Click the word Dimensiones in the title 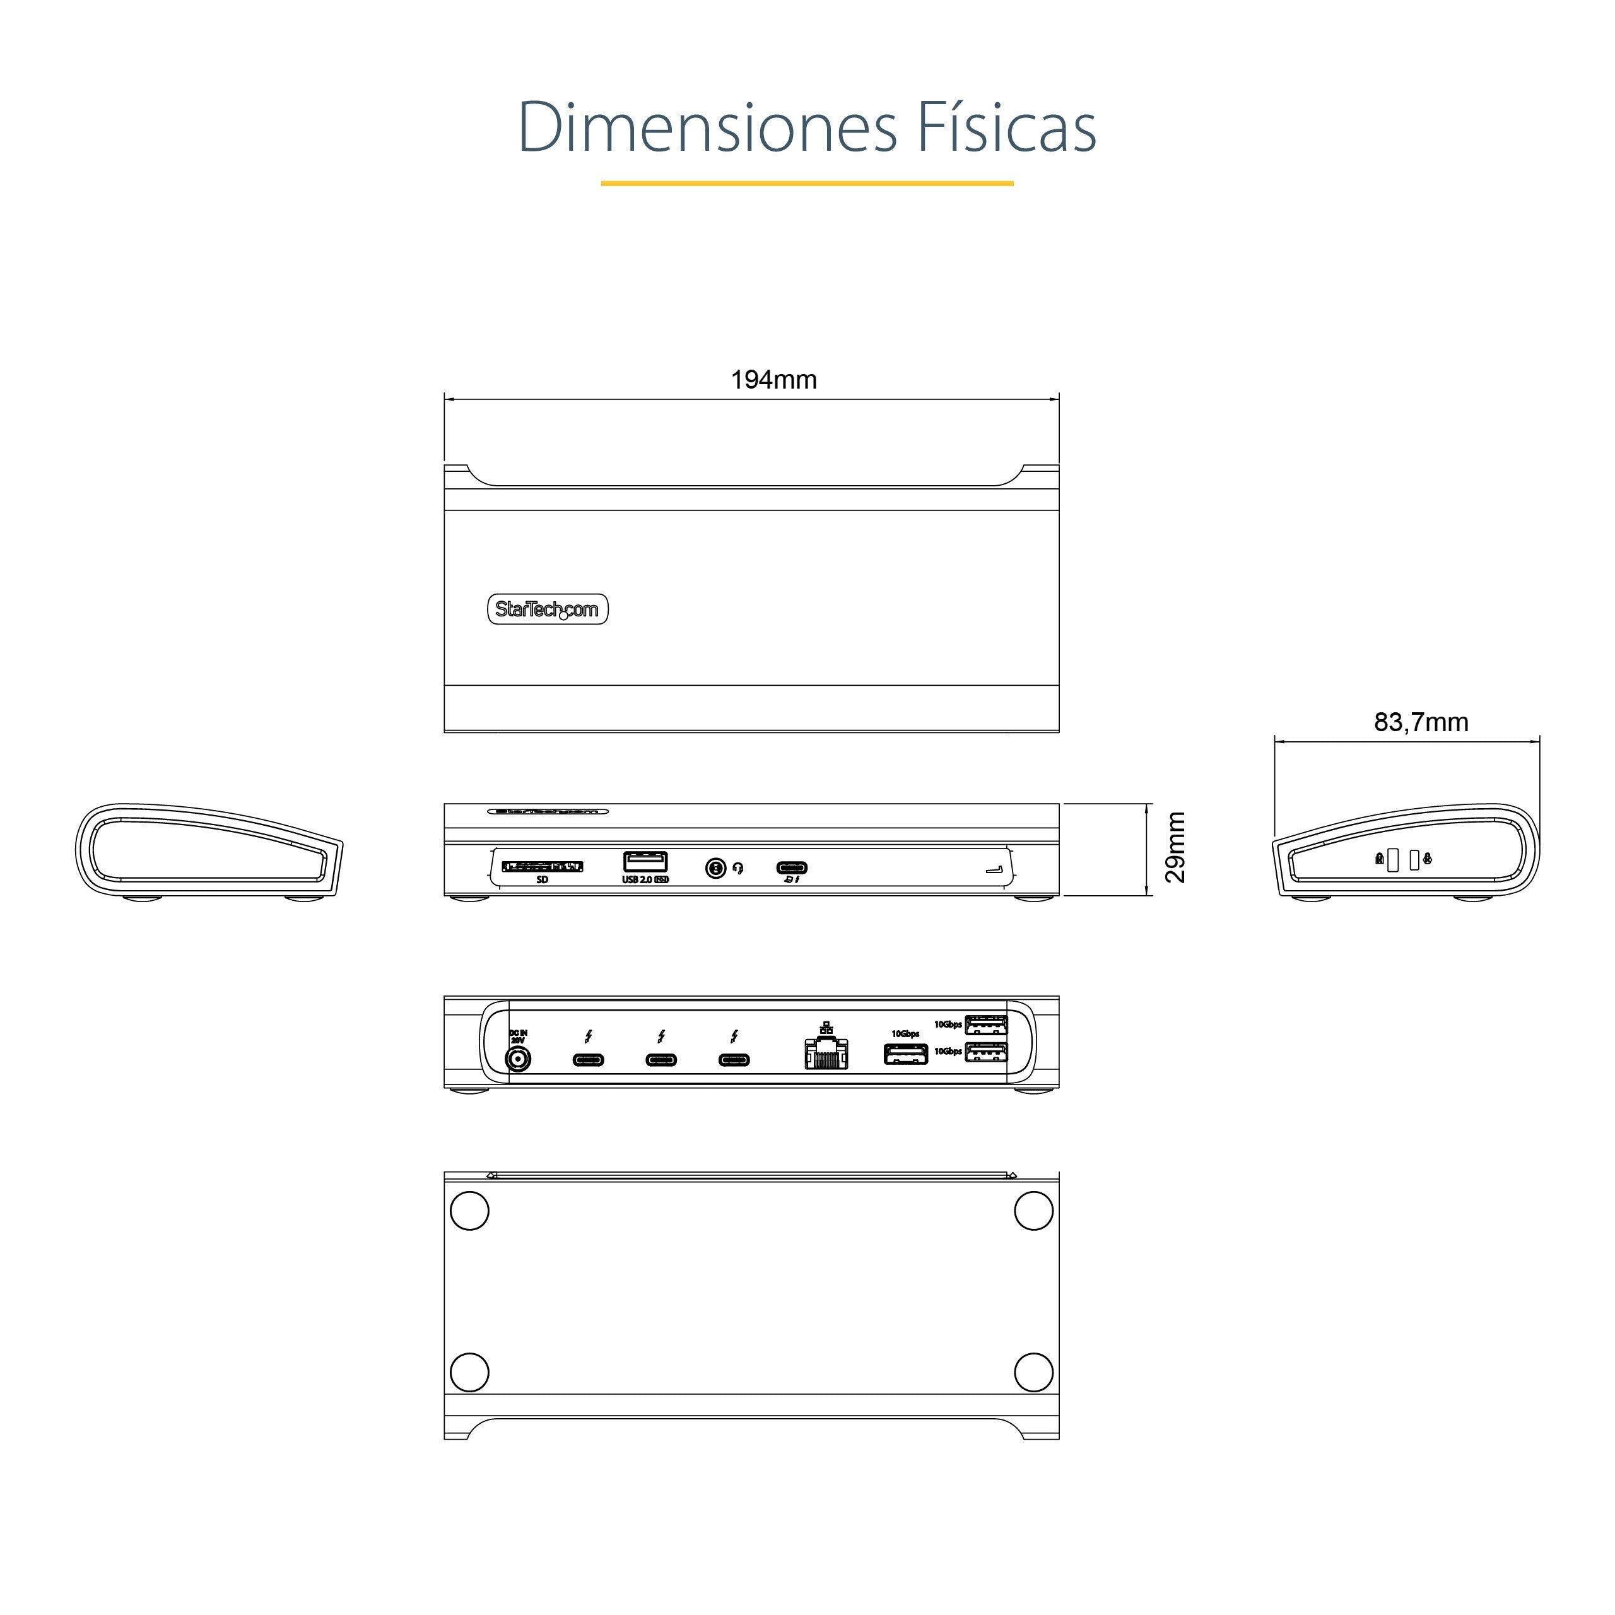[x=707, y=127]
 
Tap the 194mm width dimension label [x=773, y=380]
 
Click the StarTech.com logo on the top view [x=548, y=609]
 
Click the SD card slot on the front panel [x=542, y=866]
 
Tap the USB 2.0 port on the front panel [x=645, y=861]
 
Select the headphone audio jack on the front [x=715, y=869]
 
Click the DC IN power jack [x=519, y=1060]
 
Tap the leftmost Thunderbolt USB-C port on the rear [x=588, y=1060]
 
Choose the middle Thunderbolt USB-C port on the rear [x=661, y=1060]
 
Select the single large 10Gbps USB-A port [x=905, y=1054]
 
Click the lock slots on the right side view [x=1402, y=859]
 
